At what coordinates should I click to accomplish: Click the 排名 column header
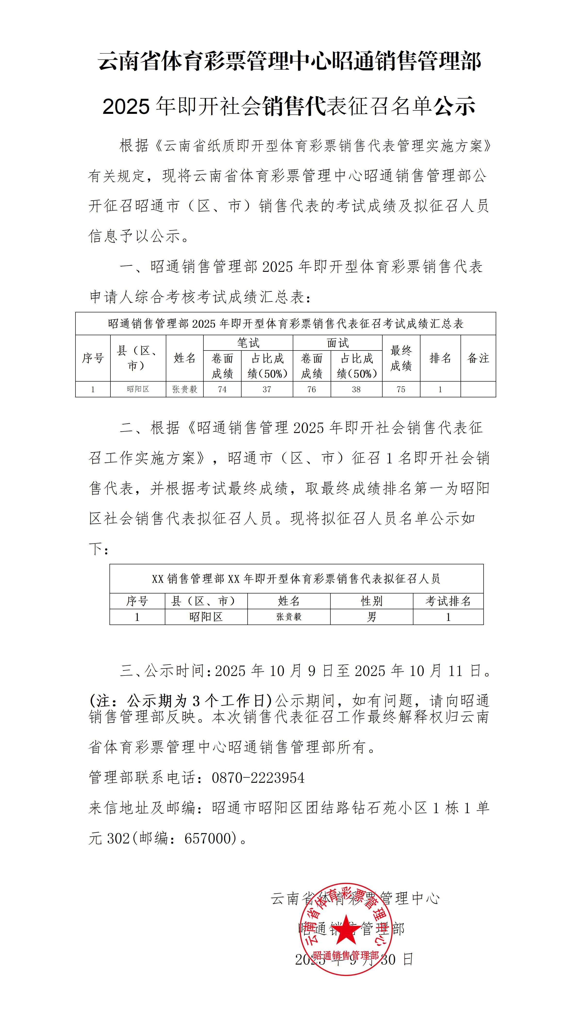[440, 358]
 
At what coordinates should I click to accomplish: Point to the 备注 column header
[478, 358]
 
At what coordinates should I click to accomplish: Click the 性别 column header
[371, 601]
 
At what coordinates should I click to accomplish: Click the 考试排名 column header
[448, 601]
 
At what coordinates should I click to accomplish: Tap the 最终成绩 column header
[401, 358]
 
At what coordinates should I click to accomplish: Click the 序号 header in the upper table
[93, 358]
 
